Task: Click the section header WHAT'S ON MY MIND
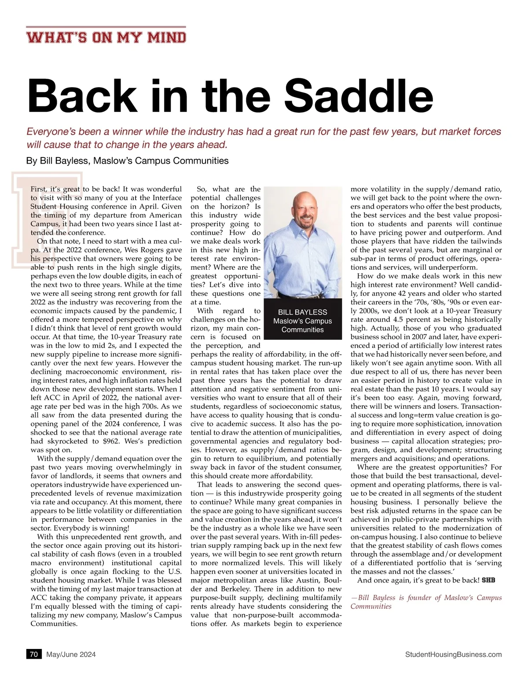106,37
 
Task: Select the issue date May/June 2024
71,654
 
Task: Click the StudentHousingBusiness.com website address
453,654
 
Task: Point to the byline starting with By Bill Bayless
128,161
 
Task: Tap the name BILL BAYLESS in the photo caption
303,312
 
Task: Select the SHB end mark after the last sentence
488,580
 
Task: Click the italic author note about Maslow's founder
426,602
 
